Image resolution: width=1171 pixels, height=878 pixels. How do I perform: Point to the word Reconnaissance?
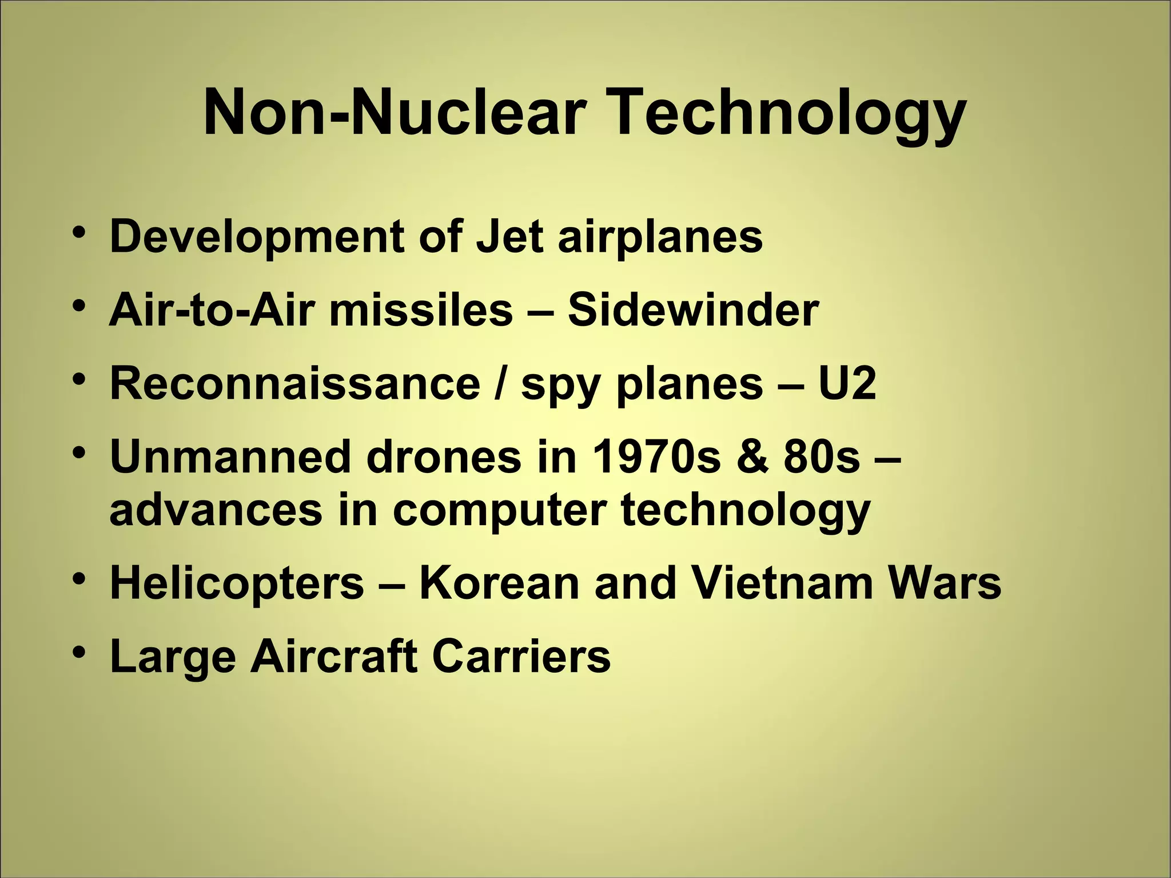(294, 384)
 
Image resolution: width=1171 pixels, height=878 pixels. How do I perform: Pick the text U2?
(847, 384)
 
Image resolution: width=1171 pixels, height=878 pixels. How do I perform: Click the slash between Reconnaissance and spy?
(501, 384)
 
